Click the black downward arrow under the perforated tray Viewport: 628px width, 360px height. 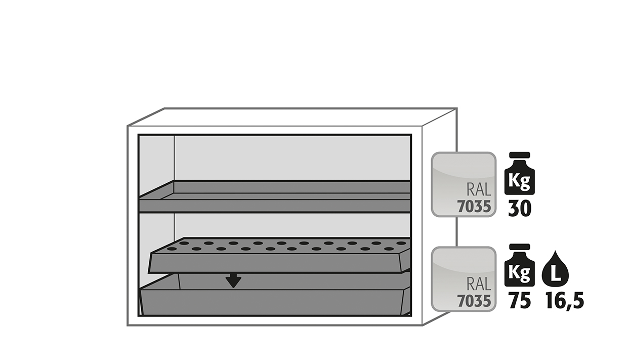tap(233, 281)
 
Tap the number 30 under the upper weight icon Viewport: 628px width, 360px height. tap(520, 209)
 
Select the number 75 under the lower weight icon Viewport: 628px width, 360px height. tap(520, 301)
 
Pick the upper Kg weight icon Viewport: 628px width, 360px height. tap(520, 173)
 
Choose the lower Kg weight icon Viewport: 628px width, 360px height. tap(520, 265)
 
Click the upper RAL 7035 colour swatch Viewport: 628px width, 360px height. tap(464, 184)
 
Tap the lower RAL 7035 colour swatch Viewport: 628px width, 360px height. tap(464, 279)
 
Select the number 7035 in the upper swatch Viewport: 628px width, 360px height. tap(474, 207)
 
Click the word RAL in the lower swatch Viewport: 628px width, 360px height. tap(479, 284)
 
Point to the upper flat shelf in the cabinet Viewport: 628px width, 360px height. tap(275, 196)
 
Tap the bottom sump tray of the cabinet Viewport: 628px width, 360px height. tap(275, 297)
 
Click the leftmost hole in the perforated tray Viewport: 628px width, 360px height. tap(172, 249)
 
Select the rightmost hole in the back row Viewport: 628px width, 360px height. tap(401, 243)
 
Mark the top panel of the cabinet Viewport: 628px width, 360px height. tap(292, 117)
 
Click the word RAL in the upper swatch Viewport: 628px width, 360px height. tap(479, 189)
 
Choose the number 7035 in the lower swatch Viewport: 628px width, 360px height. tap(474, 301)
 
